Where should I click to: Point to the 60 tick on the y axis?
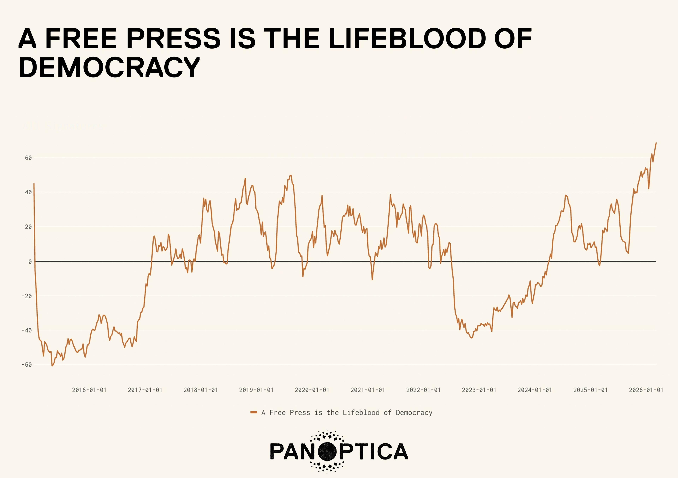(x=28, y=158)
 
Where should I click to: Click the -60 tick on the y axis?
(x=27, y=365)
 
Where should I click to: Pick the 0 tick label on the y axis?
(x=30, y=262)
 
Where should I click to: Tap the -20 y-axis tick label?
(x=27, y=296)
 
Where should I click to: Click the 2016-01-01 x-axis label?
(x=89, y=390)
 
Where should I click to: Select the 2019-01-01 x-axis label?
(x=256, y=390)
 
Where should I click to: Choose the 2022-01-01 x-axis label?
(x=423, y=390)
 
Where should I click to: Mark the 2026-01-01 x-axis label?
(x=646, y=390)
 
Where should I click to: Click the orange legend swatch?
(x=254, y=412)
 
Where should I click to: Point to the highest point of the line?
(x=656, y=143)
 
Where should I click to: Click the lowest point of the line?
(x=52, y=366)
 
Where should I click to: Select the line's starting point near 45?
(x=34, y=184)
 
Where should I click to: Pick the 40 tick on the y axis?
(x=28, y=192)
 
